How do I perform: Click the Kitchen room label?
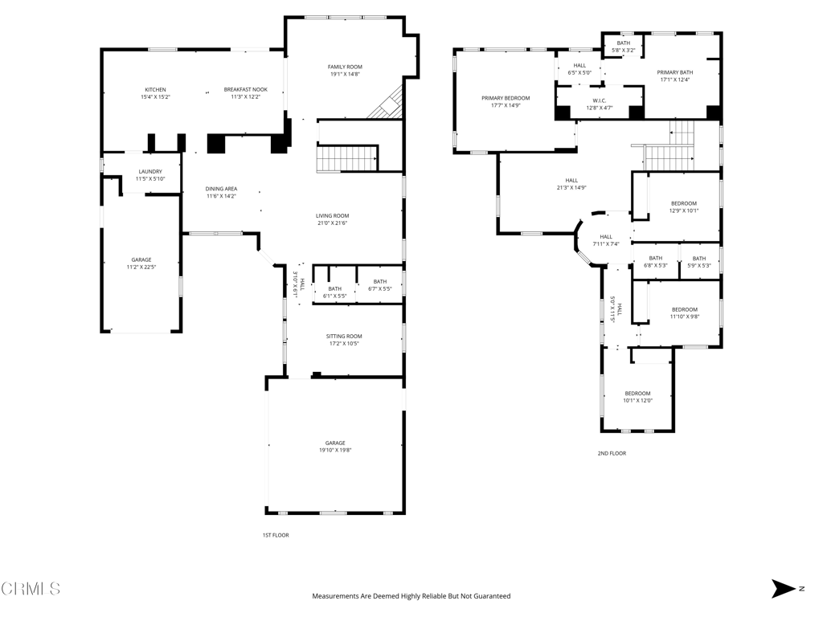pos(155,90)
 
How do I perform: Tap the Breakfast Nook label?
pos(246,90)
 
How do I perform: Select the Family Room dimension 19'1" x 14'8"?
pos(345,75)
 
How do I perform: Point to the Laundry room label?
pos(150,172)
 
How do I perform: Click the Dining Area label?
pos(221,189)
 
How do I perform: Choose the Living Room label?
pos(332,215)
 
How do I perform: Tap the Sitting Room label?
pos(344,337)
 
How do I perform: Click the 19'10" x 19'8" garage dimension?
pos(335,450)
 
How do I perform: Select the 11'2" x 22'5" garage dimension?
pos(141,267)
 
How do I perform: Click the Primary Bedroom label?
pos(506,98)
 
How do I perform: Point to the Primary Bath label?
pos(675,72)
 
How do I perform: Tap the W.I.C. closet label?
pos(600,100)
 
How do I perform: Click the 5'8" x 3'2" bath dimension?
pos(624,51)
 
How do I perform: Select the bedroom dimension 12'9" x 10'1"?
pos(684,211)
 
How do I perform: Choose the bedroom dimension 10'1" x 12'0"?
pos(637,401)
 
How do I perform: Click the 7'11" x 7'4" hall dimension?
pos(606,244)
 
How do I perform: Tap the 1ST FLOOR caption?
pos(276,535)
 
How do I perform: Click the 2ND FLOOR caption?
pos(612,453)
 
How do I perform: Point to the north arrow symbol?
pos(783,589)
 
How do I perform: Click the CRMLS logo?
pos(31,589)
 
